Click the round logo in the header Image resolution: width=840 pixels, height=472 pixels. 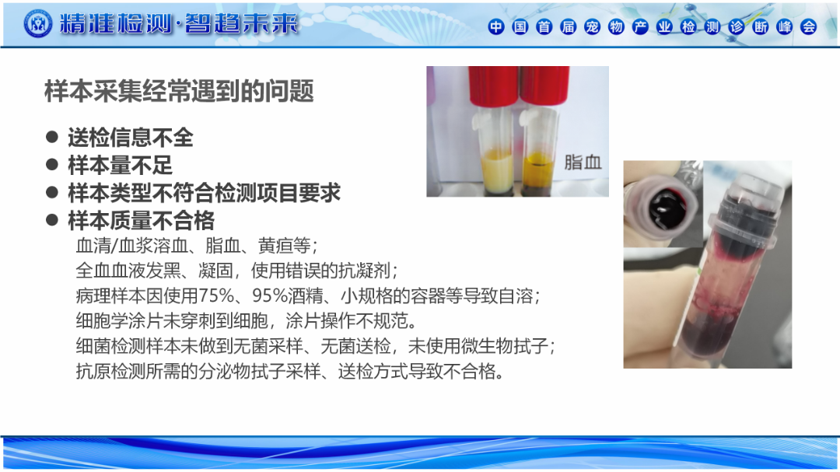38,23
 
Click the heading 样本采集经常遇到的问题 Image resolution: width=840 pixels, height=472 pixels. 179,91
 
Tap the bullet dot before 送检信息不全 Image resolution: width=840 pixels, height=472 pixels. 52,137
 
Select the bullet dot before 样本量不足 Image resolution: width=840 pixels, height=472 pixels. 52,165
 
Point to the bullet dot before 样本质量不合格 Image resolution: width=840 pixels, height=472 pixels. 52,219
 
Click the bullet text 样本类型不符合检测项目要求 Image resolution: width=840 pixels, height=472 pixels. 204,193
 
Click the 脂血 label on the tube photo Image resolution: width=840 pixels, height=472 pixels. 583,162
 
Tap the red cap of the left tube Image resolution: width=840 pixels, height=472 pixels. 493,86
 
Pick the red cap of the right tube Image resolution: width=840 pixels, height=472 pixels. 544,86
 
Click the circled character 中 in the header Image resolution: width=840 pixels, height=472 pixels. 496,26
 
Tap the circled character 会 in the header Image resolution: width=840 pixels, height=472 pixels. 808,26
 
